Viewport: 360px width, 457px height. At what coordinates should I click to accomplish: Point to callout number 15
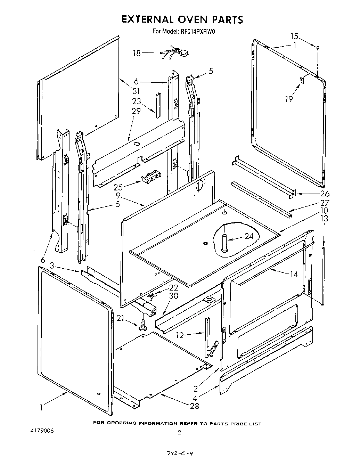[x=294, y=36]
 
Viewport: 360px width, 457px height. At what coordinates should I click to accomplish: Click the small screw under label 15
[x=318, y=47]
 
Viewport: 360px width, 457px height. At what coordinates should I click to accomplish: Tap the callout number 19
[x=289, y=99]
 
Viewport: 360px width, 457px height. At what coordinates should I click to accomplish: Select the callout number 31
[x=136, y=91]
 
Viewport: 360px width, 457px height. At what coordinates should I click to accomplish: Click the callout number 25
[x=118, y=188]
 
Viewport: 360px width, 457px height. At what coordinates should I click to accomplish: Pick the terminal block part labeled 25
[x=151, y=178]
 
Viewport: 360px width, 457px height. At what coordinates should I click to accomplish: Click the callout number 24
[x=249, y=236]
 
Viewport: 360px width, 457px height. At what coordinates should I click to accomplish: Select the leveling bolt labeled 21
[x=143, y=326]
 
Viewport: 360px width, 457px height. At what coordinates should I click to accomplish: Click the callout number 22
[x=173, y=287]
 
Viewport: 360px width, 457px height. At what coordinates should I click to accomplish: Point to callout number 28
[x=195, y=406]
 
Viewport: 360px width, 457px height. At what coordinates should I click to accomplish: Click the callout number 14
[x=294, y=274]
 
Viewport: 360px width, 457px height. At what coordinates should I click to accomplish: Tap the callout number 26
[x=325, y=194]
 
